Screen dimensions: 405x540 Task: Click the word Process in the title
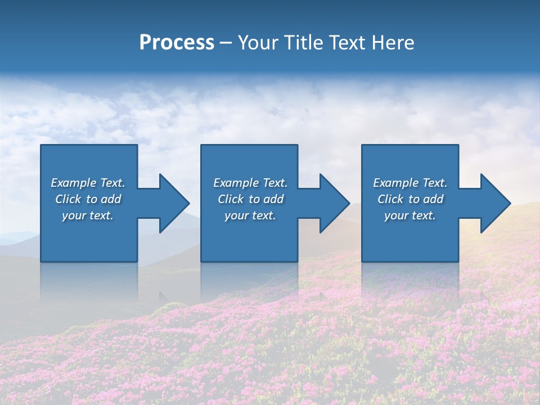(x=177, y=43)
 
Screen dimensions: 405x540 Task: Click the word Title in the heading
(x=302, y=43)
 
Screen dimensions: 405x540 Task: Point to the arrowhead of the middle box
(x=334, y=203)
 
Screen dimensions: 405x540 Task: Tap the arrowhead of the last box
(x=495, y=203)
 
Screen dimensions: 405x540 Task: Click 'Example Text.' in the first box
(x=88, y=183)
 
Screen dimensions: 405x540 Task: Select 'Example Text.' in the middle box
(x=250, y=183)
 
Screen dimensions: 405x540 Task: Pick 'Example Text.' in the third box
(x=410, y=183)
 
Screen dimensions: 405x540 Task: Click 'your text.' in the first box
(x=88, y=215)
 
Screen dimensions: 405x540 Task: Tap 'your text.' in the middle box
(x=250, y=215)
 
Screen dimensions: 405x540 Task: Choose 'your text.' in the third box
(x=410, y=215)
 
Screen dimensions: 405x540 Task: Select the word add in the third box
(x=433, y=199)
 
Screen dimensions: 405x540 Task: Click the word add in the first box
(x=110, y=199)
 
